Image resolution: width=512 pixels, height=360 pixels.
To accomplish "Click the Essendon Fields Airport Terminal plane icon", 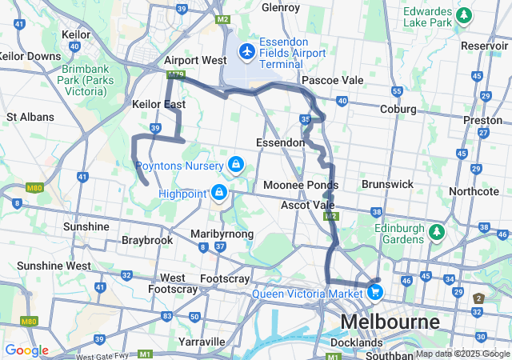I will point(246,52).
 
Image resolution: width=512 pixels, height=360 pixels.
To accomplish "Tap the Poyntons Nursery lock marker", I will point(235,166).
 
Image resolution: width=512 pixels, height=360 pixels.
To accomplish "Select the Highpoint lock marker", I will point(218,193).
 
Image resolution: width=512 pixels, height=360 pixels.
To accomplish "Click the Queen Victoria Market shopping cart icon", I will point(374,292).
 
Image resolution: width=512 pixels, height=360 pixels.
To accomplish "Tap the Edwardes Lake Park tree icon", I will point(462,15).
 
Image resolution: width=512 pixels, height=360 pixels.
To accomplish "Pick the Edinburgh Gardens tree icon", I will point(436,233).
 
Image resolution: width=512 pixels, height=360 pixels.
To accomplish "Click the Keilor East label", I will point(158,105).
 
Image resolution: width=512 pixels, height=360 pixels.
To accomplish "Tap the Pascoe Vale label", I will point(332,81).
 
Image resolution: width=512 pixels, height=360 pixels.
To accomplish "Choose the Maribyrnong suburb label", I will point(222,234).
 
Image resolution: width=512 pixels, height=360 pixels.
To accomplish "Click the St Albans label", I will point(30,117).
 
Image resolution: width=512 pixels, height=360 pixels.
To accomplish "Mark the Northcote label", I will point(474,191).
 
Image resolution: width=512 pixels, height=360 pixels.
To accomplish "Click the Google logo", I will point(26,350).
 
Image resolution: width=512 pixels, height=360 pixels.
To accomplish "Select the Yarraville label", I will point(202,342).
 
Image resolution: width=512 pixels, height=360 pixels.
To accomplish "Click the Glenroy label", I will point(280,8).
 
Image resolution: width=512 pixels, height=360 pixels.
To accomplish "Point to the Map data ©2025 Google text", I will point(462,354).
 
